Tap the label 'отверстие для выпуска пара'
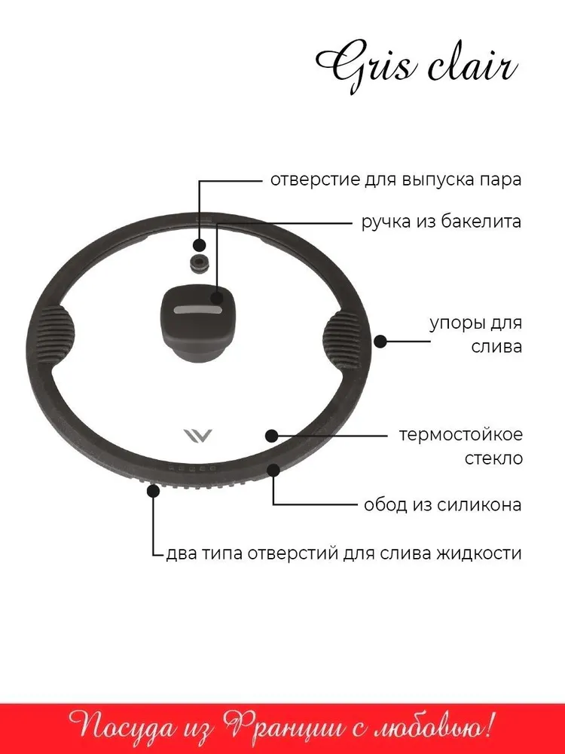pyautogui.click(x=395, y=181)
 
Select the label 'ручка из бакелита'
pyautogui.click(x=441, y=222)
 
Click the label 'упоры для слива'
pyautogui.click(x=475, y=334)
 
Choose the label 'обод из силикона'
pyautogui.click(x=442, y=504)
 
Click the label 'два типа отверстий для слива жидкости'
pyautogui.click(x=344, y=553)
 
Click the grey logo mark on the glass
pyautogui.click(x=197, y=436)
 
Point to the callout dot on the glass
pyautogui.click(x=272, y=435)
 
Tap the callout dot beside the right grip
pyautogui.click(x=380, y=341)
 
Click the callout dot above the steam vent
pyautogui.click(x=199, y=245)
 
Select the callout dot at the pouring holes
pyautogui.click(x=154, y=491)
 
